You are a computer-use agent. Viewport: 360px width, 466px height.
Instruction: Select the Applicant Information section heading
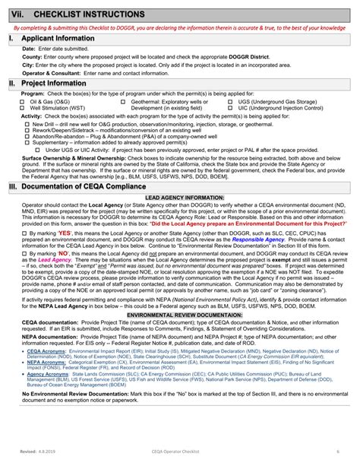pyautogui.click(x=62, y=37)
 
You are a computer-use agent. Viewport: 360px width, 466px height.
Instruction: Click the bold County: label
pyautogui.click(x=32, y=56)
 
